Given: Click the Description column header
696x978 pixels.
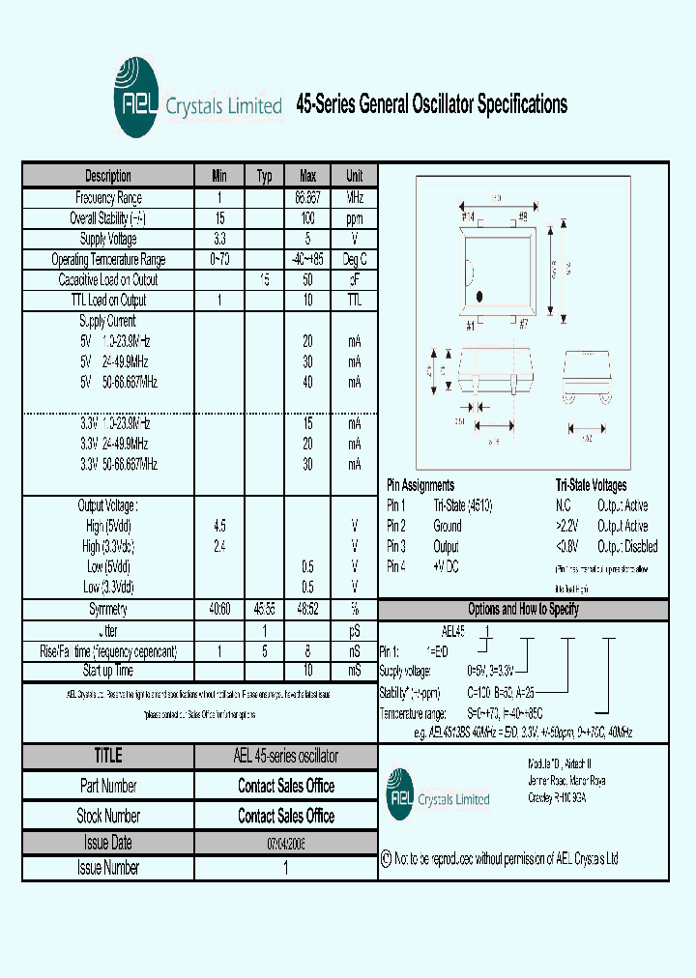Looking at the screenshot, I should coord(108,176).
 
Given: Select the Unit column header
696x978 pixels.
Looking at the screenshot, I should coord(355,176).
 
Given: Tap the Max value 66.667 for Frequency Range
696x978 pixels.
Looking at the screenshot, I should coord(307,197).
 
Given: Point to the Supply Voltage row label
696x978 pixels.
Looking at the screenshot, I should coord(108,239).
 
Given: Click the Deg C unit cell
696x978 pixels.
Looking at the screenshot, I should coord(355,259).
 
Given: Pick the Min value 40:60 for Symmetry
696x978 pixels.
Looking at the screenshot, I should coord(219,610).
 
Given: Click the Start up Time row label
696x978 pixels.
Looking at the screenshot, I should coord(108,671).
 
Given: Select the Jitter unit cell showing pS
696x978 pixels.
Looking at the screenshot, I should coord(355,630).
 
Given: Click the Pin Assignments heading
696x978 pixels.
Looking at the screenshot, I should coord(420,485).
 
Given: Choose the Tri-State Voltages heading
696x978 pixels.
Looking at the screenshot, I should coord(591,485).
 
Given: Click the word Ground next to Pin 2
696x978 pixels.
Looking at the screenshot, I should coord(448,527).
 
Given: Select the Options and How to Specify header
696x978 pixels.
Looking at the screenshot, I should coord(523,610).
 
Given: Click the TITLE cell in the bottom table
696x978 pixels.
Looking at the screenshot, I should coord(108,756).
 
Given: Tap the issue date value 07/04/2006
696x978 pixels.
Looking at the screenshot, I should coord(286,843).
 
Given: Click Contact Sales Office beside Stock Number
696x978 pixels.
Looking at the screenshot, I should coord(286,816).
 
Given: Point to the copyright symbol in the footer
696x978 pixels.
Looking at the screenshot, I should coord(386,858).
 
